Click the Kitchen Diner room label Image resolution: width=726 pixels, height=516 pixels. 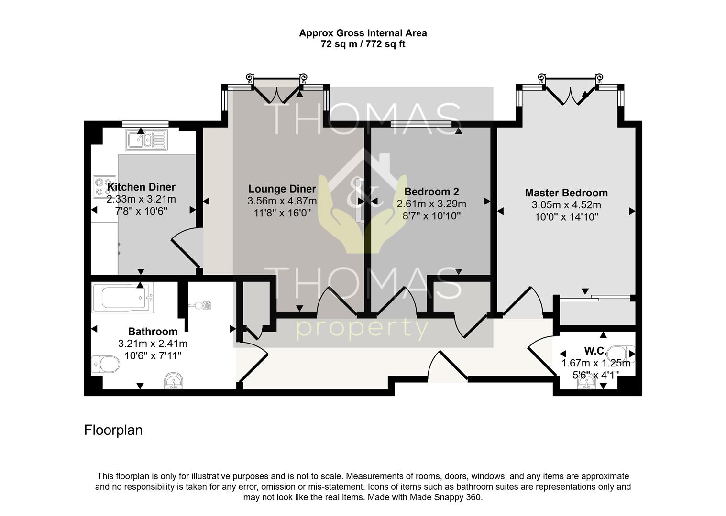(141, 187)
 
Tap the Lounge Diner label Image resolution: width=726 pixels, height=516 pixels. (282, 189)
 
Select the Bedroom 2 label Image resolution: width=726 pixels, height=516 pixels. (431, 192)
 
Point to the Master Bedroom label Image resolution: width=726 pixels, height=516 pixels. (566, 193)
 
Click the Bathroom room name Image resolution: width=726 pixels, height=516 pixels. (153, 332)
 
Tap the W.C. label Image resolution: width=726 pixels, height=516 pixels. (595, 351)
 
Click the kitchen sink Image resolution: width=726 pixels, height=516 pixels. (147, 140)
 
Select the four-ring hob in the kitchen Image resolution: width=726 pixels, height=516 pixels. (104, 187)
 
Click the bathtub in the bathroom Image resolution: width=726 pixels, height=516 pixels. (122, 298)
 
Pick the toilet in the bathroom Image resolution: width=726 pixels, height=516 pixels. (105, 365)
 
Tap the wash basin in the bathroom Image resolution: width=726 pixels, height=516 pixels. (174, 381)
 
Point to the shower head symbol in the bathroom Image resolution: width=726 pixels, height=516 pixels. (200, 305)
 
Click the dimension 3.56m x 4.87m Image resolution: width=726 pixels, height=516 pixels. (282, 201)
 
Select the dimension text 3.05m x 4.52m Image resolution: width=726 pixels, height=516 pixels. (566, 205)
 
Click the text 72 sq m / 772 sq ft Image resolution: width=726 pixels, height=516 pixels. (363, 44)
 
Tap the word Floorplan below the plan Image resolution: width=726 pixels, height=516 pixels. (113, 430)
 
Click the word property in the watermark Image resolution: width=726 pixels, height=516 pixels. (363, 330)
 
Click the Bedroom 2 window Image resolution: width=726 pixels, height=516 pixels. (421, 124)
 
